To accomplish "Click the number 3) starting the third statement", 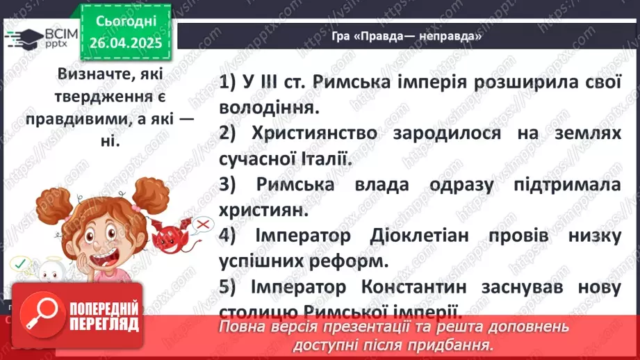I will click(229, 185).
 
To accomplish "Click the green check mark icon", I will click(19, 262).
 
